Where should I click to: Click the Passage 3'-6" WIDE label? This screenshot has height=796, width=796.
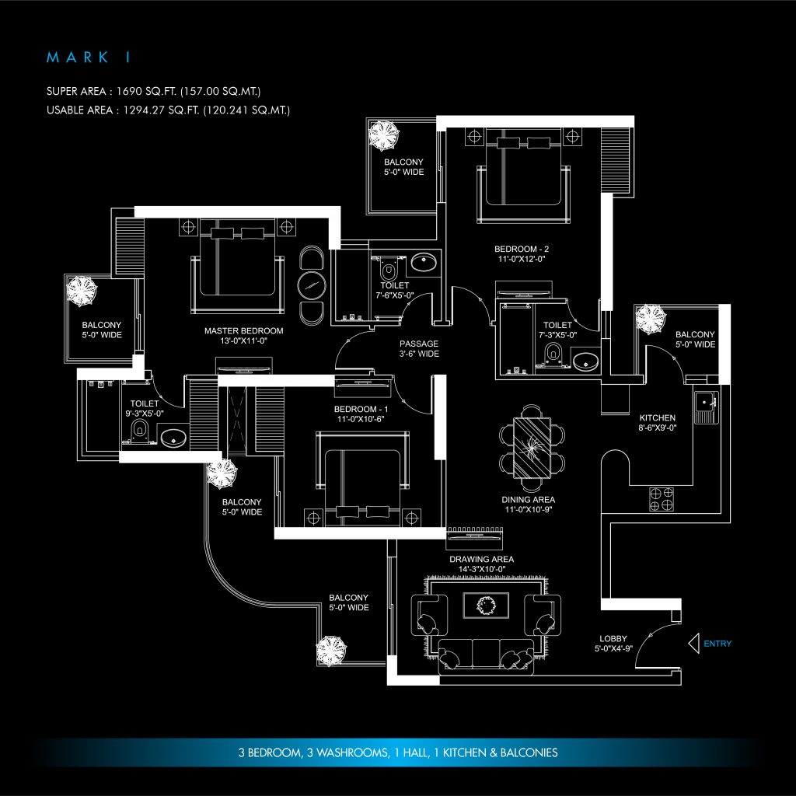(x=419, y=348)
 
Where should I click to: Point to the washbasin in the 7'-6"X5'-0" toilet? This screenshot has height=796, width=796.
(x=424, y=264)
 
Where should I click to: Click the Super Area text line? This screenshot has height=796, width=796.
(x=167, y=92)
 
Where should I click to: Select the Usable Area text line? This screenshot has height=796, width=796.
(x=168, y=110)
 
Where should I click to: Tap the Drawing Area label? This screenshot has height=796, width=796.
(x=481, y=564)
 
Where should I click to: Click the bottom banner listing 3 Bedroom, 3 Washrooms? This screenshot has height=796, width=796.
(x=397, y=752)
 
